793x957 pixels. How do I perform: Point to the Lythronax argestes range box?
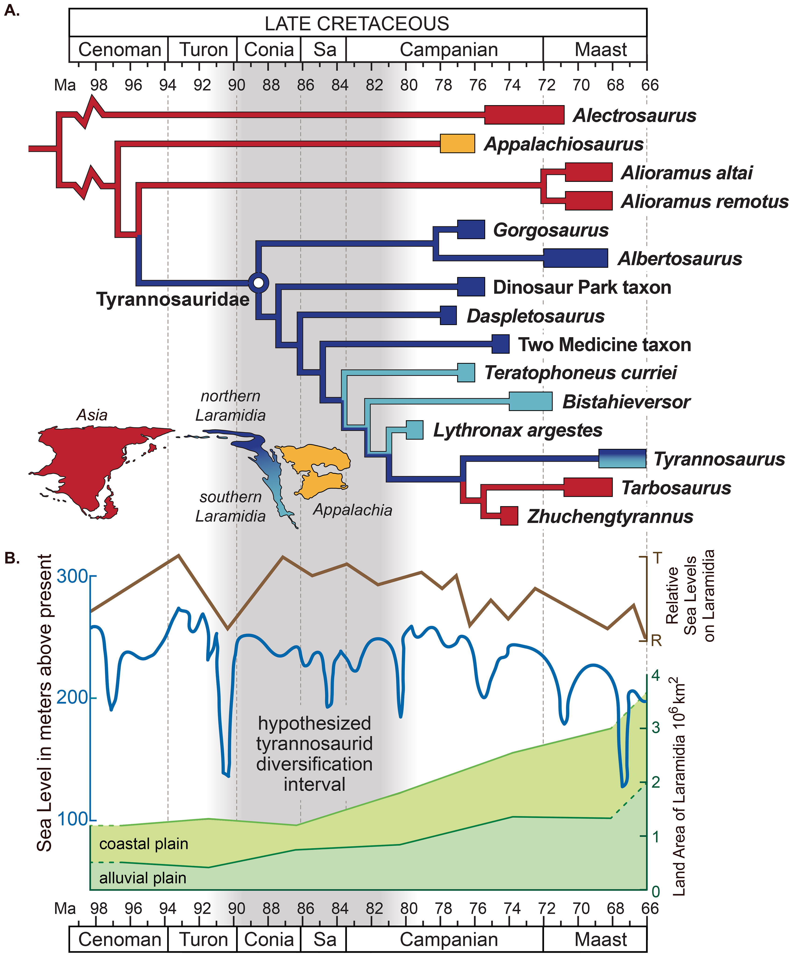(414, 430)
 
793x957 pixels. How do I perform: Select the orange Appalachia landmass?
(319, 469)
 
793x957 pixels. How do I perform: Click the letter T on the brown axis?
(657, 558)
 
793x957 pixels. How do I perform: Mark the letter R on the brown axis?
(656, 641)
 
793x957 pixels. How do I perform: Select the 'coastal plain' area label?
(144, 844)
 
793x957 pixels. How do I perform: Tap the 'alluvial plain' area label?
(143, 878)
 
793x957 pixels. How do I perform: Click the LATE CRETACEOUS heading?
(357, 23)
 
